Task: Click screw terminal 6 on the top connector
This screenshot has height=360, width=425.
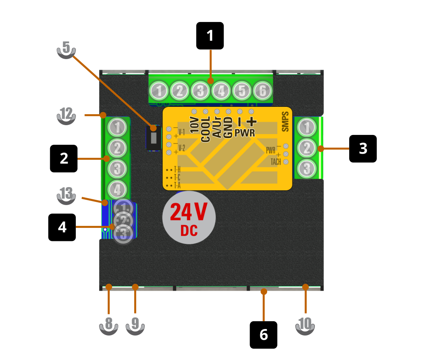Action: coord(263,91)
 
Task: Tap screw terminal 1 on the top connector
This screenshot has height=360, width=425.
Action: coord(159,91)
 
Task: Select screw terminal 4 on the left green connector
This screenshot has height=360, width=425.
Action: coord(117,190)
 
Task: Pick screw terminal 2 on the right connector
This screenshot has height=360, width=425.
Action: coord(307,148)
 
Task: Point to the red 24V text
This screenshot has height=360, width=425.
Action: coord(188,212)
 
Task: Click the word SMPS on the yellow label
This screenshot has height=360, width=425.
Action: coord(285,121)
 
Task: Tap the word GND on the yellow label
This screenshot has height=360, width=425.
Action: coord(228,127)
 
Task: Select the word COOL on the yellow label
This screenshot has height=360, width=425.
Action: coord(206,129)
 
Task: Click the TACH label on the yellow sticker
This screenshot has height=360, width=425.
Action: coord(276,162)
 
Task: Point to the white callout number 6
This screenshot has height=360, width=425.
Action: coord(264,335)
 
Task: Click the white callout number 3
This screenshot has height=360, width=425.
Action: coord(363,149)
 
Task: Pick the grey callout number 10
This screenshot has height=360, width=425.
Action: coord(305,324)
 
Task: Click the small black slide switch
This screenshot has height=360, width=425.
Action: coord(153,138)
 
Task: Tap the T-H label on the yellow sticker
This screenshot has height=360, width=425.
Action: coord(177,169)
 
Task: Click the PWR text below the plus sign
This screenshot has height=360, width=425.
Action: coord(245,133)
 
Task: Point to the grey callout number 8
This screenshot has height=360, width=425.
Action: coord(108,324)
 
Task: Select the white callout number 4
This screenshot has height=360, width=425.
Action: coord(62,227)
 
